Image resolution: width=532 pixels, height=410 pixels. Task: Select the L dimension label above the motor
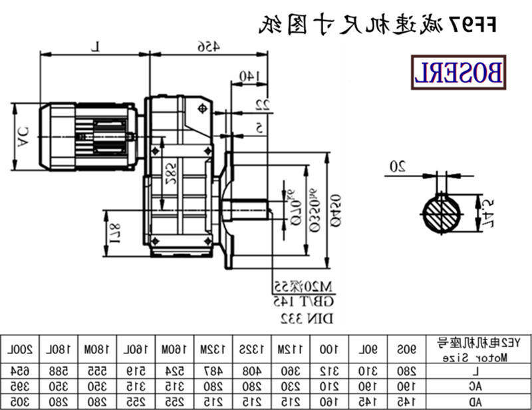pyautogui.click(x=94, y=46)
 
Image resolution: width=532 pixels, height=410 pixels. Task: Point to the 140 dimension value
pyautogui.click(x=247, y=77)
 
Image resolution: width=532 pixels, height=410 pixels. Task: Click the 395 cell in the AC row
pyautogui.click(x=22, y=386)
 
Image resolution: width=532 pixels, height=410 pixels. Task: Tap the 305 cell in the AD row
pyautogui.click(x=22, y=402)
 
